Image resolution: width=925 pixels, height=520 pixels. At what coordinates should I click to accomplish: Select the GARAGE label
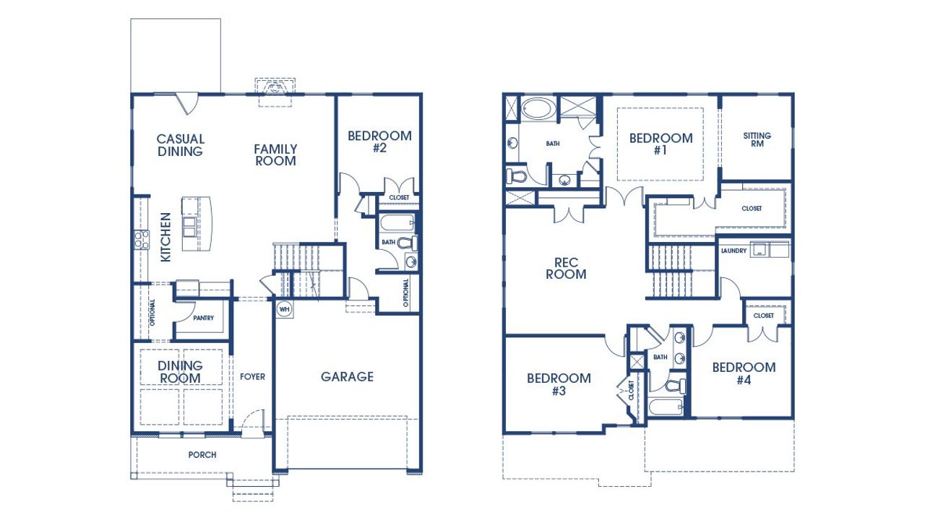pyautogui.click(x=347, y=376)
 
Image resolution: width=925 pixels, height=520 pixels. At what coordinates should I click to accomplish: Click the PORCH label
pyautogui.click(x=202, y=454)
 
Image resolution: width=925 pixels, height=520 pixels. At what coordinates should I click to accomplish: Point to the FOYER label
pyautogui.click(x=253, y=376)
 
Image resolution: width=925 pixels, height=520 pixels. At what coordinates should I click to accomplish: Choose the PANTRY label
pyautogui.click(x=203, y=318)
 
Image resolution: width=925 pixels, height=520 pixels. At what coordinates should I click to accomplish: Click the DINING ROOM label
pyautogui.click(x=181, y=372)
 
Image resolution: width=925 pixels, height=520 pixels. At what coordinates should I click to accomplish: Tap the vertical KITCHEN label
pyautogui.click(x=165, y=236)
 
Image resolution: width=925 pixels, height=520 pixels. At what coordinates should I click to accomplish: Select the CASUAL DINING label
pyautogui.click(x=181, y=145)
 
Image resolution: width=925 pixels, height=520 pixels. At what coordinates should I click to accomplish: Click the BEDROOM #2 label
pyautogui.click(x=379, y=142)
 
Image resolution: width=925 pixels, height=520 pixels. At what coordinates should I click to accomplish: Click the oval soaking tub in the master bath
pyautogui.click(x=538, y=110)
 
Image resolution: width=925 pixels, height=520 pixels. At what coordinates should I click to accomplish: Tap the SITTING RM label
pyautogui.click(x=757, y=139)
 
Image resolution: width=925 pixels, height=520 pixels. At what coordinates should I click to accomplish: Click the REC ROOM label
pyautogui.click(x=566, y=268)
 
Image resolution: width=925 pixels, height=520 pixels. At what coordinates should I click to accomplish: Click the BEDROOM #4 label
pyautogui.click(x=744, y=373)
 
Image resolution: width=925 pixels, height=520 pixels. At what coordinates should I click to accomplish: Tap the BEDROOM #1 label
pyautogui.click(x=661, y=144)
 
